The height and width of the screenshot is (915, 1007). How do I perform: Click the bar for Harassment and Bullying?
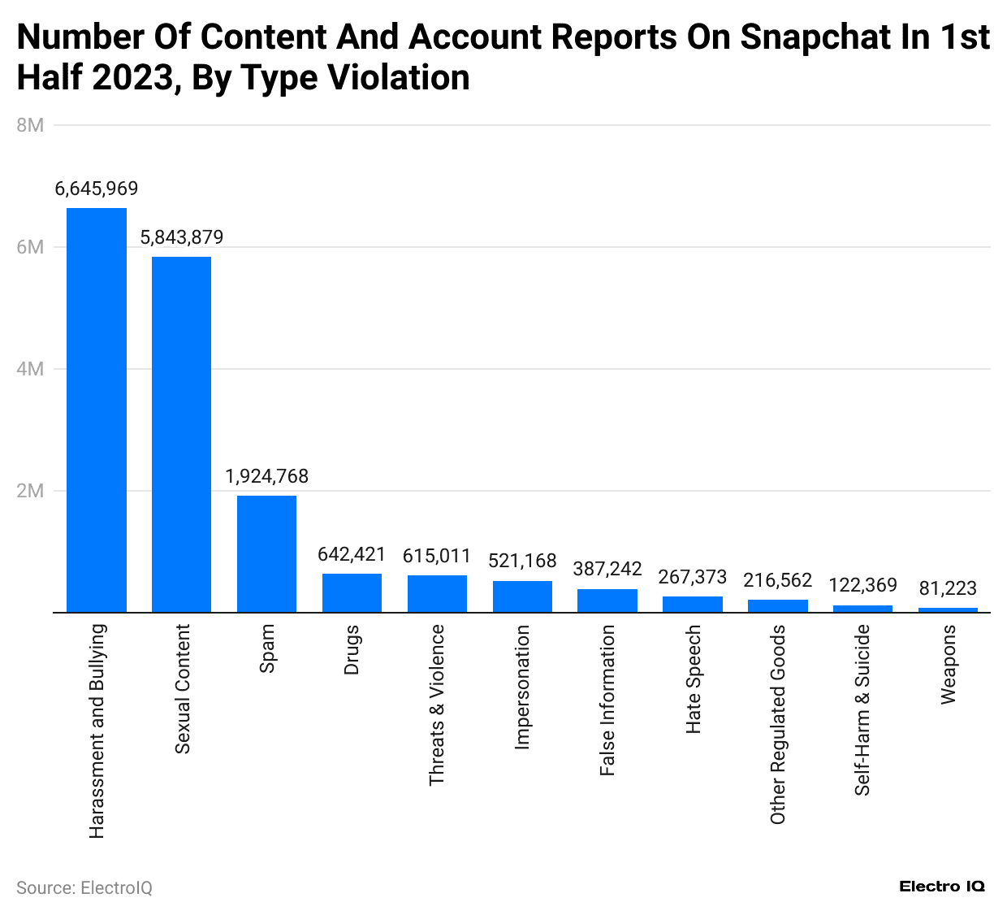click(x=97, y=410)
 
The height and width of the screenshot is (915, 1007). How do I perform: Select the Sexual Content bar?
click(x=182, y=435)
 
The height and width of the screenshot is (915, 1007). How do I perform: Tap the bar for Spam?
click(x=266, y=554)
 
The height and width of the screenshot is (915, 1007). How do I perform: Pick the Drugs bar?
click(x=352, y=593)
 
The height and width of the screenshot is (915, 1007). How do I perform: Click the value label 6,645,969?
click(x=97, y=189)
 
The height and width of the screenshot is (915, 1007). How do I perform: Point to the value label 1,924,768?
click(x=266, y=476)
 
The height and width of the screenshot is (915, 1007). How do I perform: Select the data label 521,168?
click(x=522, y=561)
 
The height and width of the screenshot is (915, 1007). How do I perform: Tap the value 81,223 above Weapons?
click(x=948, y=588)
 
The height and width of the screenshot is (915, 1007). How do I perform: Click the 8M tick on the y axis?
click(x=30, y=125)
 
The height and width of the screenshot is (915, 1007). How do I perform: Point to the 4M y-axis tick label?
click(x=30, y=369)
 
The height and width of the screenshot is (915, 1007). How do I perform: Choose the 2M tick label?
click(x=30, y=491)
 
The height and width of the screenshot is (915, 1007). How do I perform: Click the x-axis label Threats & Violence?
click(x=437, y=705)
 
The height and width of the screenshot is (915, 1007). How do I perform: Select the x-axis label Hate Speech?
click(x=693, y=679)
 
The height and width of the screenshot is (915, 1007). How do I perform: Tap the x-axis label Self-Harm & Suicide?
click(x=862, y=709)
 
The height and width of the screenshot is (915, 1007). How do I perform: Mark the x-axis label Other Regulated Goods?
click(x=778, y=724)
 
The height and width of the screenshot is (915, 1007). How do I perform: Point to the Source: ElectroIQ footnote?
click(x=84, y=887)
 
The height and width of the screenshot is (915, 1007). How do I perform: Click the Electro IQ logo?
click(x=942, y=887)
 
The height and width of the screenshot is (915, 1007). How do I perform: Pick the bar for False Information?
click(x=607, y=601)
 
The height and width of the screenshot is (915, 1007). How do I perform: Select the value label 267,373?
click(x=693, y=577)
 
